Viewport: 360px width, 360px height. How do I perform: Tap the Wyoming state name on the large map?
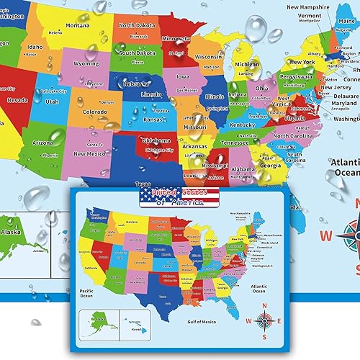(86, 63)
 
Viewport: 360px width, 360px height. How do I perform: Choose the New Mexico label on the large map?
(90, 153)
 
